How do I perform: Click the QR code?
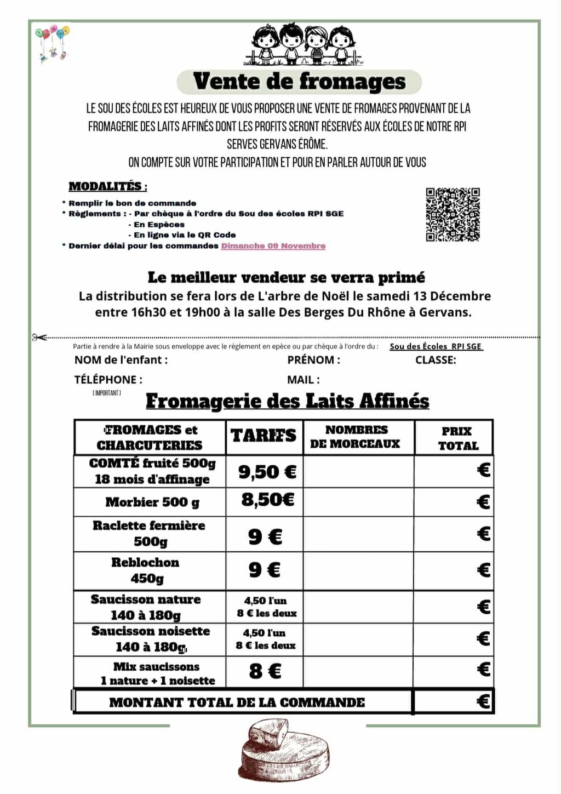[x=453, y=214]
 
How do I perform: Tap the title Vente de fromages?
[x=299, y=82]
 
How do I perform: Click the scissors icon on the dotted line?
[x=39, y=338]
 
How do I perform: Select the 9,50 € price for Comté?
[x=267, y=472]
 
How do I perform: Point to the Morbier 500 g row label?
[x=152, y=502]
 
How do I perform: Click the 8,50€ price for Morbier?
[x=267, y=500]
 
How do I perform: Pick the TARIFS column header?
[x=264, y=436]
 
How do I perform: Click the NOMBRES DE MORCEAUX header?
[x=356, y=437]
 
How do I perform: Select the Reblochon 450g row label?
[x=146, y=570]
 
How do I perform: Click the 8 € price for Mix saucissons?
[x=265, y=671]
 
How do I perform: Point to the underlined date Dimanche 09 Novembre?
[x=273, y=246]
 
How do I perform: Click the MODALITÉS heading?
[x=107, y=186]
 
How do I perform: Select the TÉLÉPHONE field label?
[x=108, y=379]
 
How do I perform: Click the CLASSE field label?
[x=436, y=360]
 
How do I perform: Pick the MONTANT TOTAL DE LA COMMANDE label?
[x=237, y=702]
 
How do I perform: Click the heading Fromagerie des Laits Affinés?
[x=287, y=402]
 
